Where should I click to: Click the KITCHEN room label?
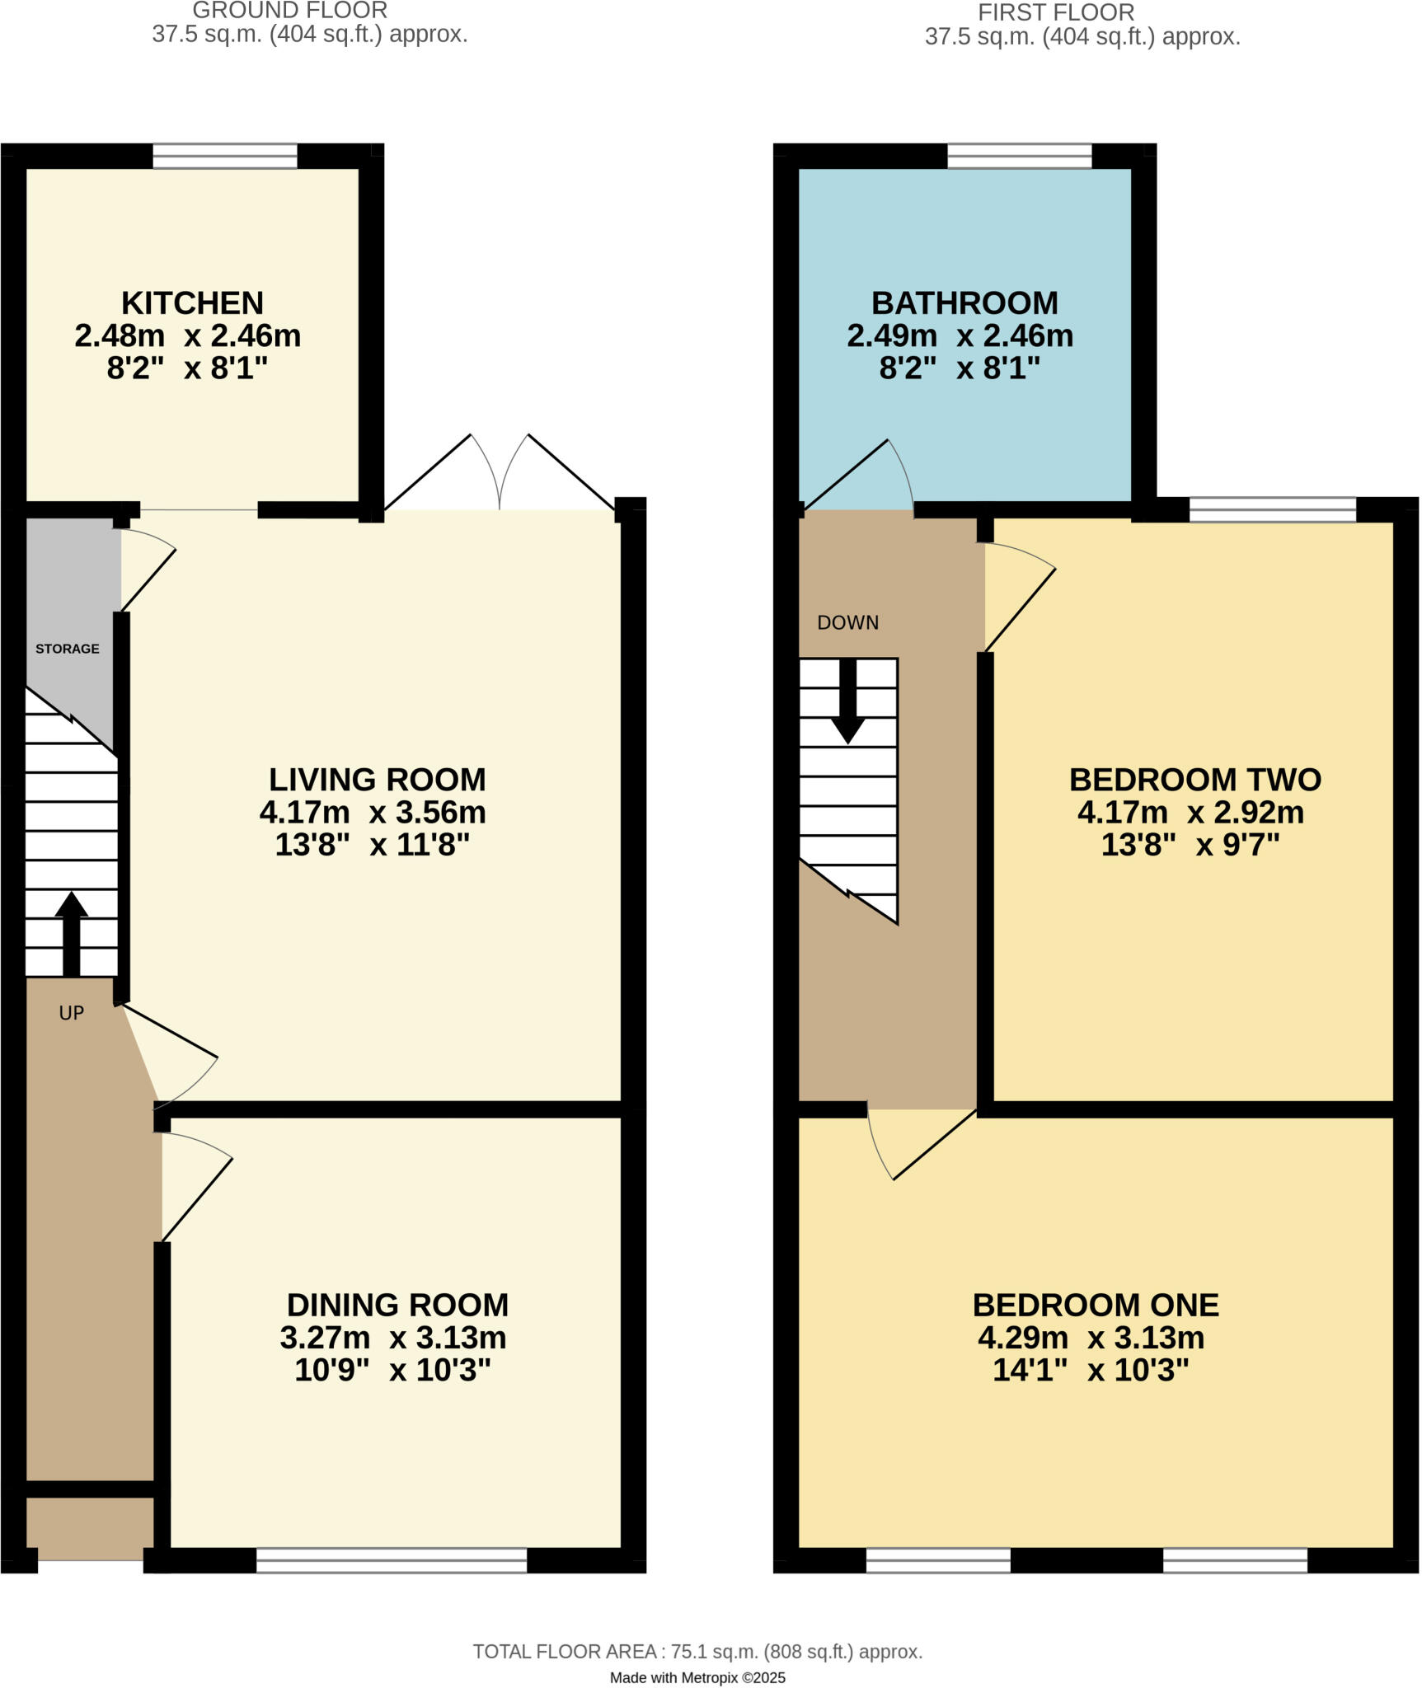tap(192, 303)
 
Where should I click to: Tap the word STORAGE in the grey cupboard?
tap(68, 649)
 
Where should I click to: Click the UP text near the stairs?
tap(72, 1013)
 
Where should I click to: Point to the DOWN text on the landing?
tap(847, 623)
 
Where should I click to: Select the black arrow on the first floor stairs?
tap(847, 701)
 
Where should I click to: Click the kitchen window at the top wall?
tap(225, 156)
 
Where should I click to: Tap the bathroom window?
tap(1019, 156)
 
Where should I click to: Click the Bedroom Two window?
tap(1273, 509)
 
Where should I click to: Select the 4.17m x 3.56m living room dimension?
tap(373, 813)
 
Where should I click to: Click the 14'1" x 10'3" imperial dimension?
tap(1091, 1370)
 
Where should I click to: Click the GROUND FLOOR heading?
tap(289, 11)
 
